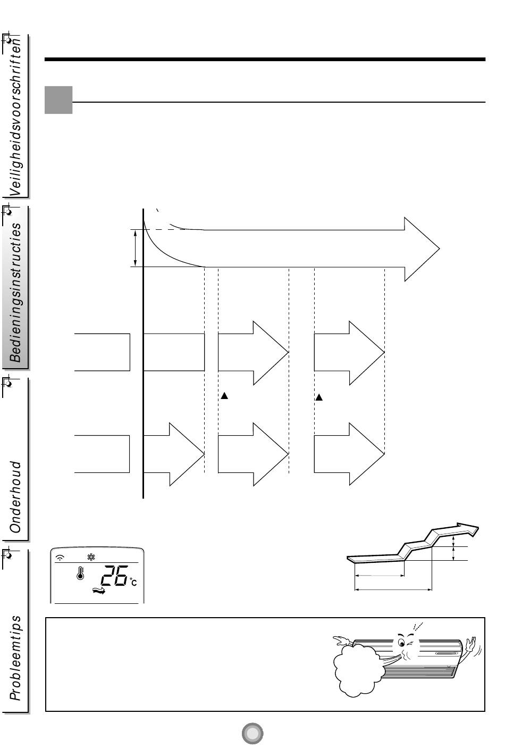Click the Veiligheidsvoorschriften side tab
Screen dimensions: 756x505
(16, 117)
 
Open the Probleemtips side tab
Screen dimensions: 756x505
(16, 657)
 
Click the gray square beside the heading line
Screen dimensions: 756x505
(58, 100)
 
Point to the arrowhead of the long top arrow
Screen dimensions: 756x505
(423, 248)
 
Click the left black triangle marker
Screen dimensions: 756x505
(224, 396)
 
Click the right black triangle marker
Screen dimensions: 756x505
(319, 397)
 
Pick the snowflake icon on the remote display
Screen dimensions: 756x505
(91, 558)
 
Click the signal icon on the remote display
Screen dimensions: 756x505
(61, 558)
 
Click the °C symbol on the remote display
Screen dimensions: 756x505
(133, 583)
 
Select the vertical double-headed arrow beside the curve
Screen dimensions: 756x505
(136, 248)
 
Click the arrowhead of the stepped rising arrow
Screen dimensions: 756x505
(470, 528)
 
